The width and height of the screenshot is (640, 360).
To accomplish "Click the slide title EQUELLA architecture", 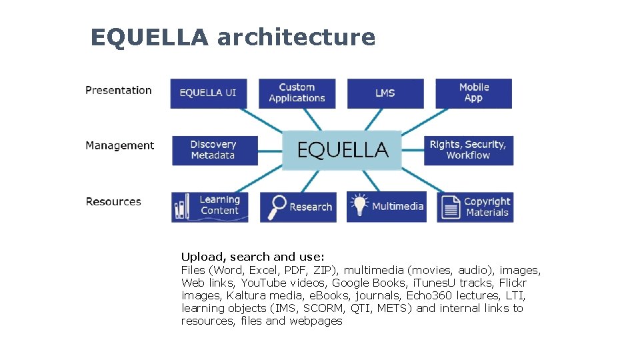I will (x=233, y=37).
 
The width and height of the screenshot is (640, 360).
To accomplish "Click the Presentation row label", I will (x=119, y=91).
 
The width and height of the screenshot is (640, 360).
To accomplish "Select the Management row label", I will (x=120, y=146).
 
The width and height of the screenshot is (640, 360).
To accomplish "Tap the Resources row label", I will (x=113, y=202).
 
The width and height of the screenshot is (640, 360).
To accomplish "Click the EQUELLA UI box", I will (x=208, y=93).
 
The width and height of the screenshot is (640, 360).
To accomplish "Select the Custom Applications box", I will (x=297, y=93).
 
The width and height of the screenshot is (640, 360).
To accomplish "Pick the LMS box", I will (x=385, y=93).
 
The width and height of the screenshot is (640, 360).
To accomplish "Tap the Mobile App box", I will (x=473, y=93).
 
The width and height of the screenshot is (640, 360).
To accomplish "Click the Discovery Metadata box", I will (x=213, y=150).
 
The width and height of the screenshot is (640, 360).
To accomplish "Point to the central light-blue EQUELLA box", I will (x=342, y=150).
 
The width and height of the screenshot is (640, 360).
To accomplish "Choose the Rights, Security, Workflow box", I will (x=468, y=150).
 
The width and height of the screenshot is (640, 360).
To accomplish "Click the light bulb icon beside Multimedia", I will (x=359, y=205).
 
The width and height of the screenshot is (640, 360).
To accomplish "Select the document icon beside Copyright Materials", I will (x=451, y=207).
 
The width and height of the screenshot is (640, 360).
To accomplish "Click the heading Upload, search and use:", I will (x=253, y=257).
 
